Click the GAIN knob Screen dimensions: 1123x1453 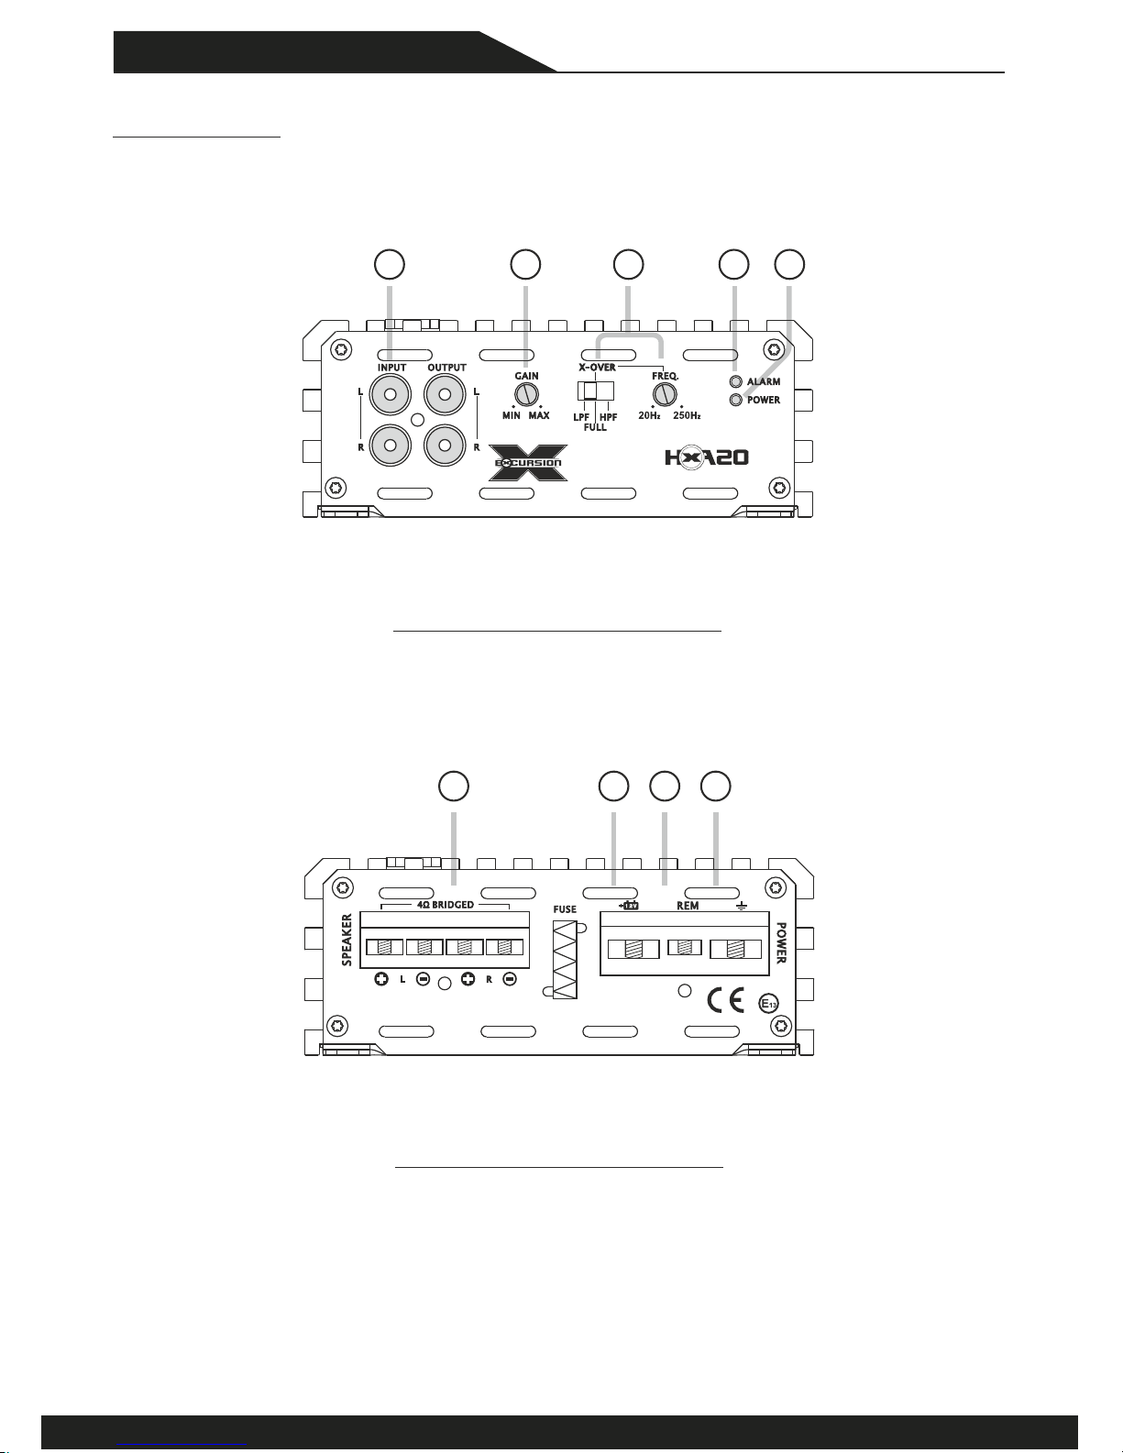(x=527, y=394)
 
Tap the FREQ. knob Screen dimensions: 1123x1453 (x=665, y=394)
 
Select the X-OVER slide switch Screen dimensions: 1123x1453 (x=596, y=391)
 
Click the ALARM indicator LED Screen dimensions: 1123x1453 (x=736, y=381)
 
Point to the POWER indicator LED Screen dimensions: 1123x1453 (x=736, y=400)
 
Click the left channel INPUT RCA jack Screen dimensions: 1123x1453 (x=390, y=394)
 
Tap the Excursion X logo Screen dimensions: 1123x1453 (x=528, y=463)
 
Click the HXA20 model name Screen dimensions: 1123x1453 (x=706, y=458)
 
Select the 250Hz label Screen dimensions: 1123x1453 (x=687, y=416)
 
